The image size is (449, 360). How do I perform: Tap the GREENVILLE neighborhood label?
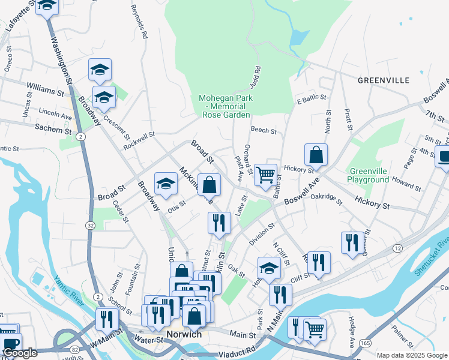pos(383,80)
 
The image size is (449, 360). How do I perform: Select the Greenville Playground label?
pos(367,175)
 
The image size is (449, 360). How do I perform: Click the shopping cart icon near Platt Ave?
pos(265,175)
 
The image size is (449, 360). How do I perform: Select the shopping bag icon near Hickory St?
pos(316,155)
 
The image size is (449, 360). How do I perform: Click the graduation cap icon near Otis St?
pos(166,184)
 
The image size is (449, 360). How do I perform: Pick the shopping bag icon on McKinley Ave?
pos(209,185)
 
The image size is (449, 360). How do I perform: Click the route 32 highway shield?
pos(90,225)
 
